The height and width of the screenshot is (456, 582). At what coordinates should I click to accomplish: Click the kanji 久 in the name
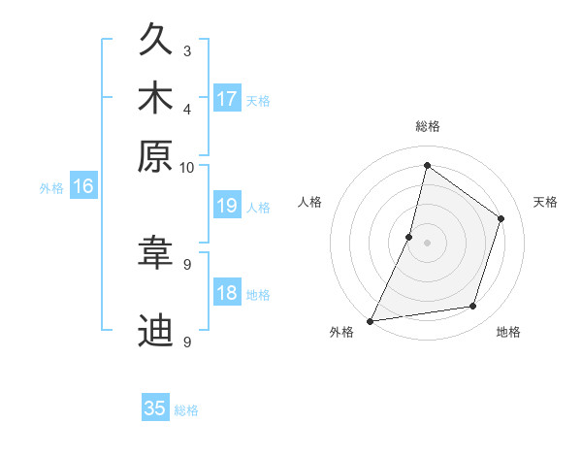[x=155, y=43]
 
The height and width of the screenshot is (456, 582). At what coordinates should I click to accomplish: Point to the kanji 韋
[x=155, y=255]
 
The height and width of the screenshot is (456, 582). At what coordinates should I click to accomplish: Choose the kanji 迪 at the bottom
[x=155, y=331]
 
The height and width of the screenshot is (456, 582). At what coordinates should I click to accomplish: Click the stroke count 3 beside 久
[x=187, y=50]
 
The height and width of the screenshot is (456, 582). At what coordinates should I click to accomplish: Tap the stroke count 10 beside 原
[x=187, y=167]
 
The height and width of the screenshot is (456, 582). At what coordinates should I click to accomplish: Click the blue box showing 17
[x=227, y=98]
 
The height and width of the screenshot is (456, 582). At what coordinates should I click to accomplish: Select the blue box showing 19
[x=227, y=206]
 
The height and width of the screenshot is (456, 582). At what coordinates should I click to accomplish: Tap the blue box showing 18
[x=227, y=294]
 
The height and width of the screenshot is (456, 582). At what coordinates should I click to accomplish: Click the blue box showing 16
[x=83, y=187]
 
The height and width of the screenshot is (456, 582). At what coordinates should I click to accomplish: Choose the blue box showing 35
[x=155, y=408]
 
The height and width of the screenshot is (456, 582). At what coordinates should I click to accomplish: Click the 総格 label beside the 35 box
[x=186, y=410]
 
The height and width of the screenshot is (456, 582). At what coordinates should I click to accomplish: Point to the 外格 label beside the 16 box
[x=51, y=188]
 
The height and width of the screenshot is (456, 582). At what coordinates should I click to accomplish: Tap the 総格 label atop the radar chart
[x=427, y=127]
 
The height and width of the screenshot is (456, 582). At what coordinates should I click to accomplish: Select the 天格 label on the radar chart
[x=545, y=202]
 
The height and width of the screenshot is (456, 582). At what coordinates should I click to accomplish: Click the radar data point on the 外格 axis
[x=371, y=320]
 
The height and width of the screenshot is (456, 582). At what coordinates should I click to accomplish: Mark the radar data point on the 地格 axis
[x=473, y=307]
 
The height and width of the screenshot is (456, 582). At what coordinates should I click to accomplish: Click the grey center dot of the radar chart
[x=427, y=243]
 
